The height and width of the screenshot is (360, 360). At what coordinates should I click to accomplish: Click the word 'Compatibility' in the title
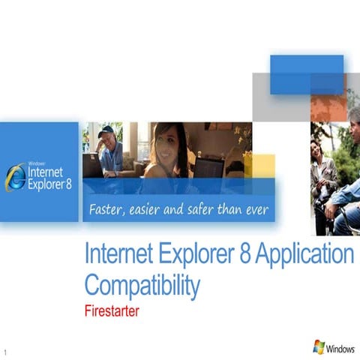click(x=142, y=285)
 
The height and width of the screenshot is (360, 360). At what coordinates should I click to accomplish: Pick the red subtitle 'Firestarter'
click(x=111, y=310)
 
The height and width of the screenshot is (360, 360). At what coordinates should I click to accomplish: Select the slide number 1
click(x=5, y=351)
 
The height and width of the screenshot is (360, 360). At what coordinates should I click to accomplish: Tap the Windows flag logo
click(x=319, y=347)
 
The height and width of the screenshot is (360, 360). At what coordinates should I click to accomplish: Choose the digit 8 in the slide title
click(x=243, y=255)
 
